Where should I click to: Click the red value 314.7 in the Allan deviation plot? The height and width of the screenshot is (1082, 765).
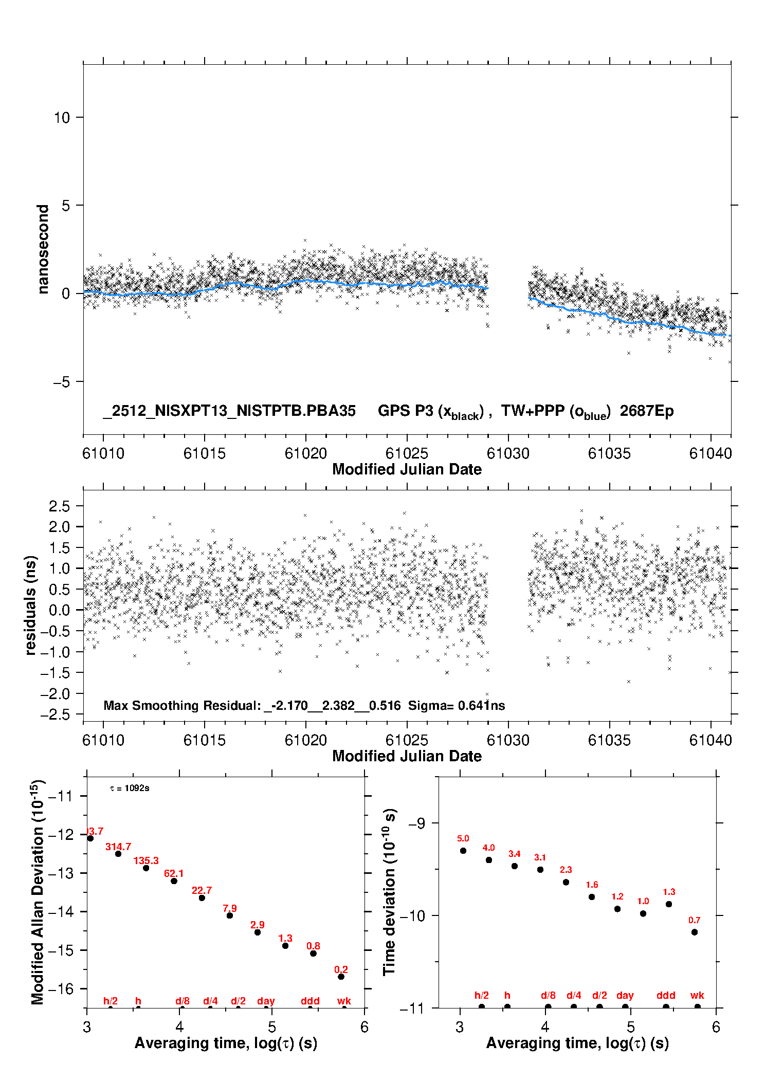click(x=118, y=847)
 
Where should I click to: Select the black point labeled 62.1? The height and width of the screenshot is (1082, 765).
click(x=174, y=881)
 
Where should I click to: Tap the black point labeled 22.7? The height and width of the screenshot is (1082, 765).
click(x=202, y=897)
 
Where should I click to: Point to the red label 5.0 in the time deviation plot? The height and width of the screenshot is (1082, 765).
click(x=463, y=838)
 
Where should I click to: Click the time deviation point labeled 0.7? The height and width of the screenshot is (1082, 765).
click(x=695, y=932)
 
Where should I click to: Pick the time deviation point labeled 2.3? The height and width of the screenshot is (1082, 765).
click(x=566, y=882)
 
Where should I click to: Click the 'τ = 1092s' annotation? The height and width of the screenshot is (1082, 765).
click(x=130, y=788)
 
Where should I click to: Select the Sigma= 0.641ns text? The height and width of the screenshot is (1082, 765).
click(x=457, y=705)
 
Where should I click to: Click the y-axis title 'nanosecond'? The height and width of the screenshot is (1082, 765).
click(x=43, y=249)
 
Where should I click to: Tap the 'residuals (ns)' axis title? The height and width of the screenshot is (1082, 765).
click(x=31, y=605)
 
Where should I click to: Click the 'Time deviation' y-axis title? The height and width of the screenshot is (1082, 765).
click(x=389, y=892)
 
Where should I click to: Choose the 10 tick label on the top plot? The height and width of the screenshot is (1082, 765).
click(x=62, y=118)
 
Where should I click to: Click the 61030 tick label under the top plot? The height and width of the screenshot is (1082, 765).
click(x=508, y=453)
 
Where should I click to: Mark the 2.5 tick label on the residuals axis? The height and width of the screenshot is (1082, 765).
click(x=59, y=506)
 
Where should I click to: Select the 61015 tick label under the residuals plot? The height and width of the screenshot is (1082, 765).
click(x=205, y=740)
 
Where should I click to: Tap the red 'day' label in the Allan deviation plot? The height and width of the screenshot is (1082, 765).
click(x=266, y=1001)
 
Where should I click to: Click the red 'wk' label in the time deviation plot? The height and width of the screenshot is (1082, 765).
click(x=697, y=995)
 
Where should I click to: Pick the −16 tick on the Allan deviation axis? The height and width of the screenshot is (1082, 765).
click(x=61, y=988)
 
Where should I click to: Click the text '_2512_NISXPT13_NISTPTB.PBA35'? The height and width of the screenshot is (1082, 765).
click(x=229, y=411)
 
